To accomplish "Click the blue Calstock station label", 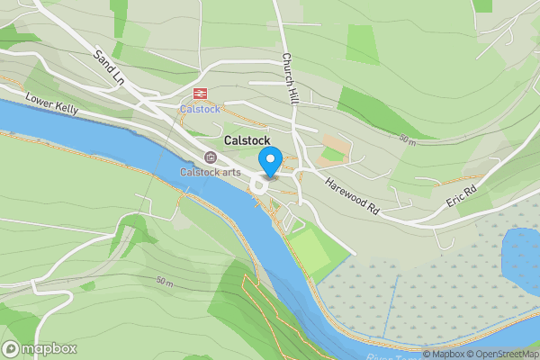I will click(199, 109).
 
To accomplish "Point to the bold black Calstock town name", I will click(240, 141).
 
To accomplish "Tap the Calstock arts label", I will click(210, 172).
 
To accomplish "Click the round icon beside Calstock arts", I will click(211, 157).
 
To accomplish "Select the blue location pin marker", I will click(271, 163).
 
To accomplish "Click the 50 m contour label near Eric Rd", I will click(408, 140).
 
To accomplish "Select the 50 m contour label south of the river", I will click(164, 280).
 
